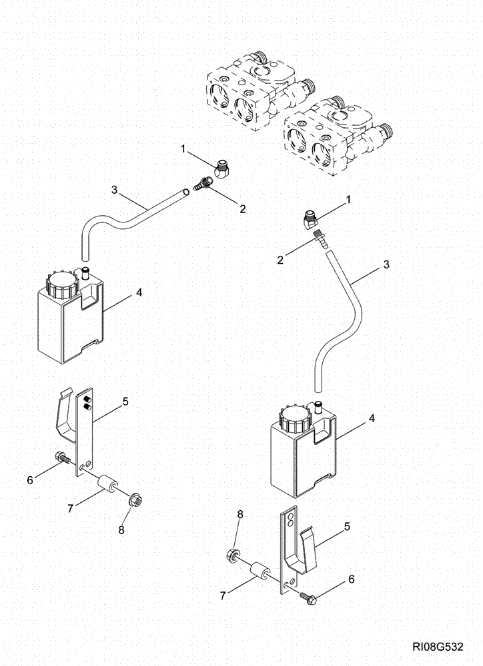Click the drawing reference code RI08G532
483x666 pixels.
pos(438,647)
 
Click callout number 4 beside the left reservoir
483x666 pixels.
pos(139,292)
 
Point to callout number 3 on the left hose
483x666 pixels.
pos(114,190)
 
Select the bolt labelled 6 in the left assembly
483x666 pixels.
pos(61,459)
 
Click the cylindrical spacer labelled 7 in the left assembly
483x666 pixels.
pos(107,484)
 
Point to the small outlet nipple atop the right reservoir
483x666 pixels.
pos(319,404)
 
